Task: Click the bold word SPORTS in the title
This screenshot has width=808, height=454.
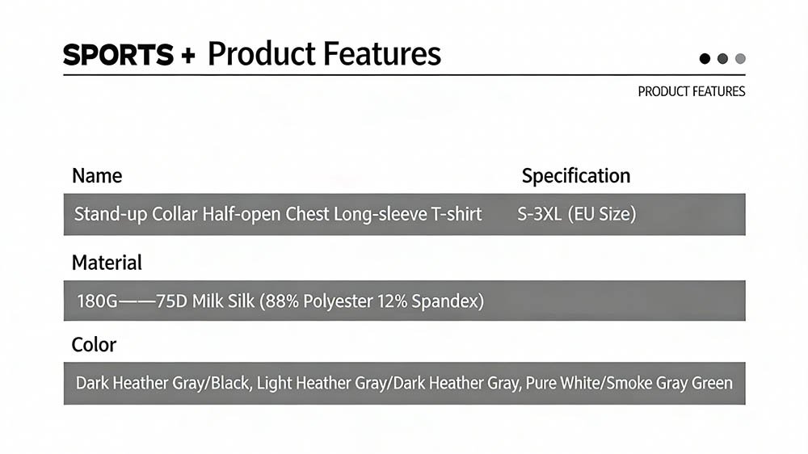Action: [x=119, y=55]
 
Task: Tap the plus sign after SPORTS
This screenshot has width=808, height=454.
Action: [x=188, y=56]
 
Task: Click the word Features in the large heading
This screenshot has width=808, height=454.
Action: [x=382, y=54]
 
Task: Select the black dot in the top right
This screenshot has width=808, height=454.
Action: [x=705, y=59]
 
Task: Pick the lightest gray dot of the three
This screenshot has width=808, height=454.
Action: [x=740, y=59]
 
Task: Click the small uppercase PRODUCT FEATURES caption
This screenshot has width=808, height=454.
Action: [x=692, y=92]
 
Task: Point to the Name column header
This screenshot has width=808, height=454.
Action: [x=97, y=176]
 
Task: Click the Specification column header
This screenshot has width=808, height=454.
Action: [x=575, y=176]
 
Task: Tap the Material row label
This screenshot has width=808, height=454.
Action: [x=107, y=263]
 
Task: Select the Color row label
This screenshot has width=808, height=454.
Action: [x=94, y=345]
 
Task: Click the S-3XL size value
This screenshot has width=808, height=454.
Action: [x=540, y=214]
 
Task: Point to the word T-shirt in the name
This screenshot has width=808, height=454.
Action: [x=456, y=214]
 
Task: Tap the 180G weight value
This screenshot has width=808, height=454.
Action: [x=98, y=301]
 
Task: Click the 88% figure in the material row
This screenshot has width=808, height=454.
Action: [x=282, y=301]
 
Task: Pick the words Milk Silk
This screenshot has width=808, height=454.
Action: [x=223, y=301]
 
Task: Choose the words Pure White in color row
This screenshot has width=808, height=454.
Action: [x=563, y=383]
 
